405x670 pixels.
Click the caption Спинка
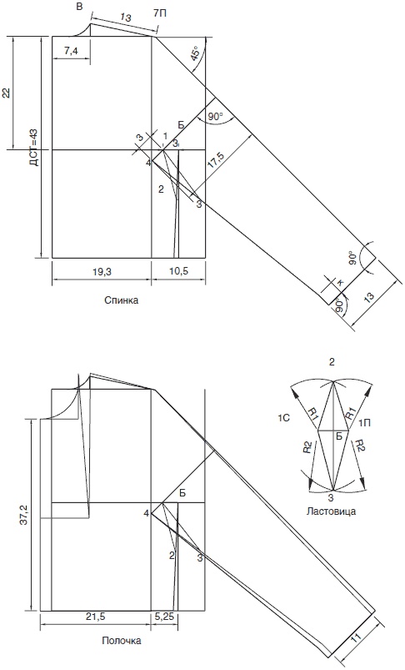pos(121,300)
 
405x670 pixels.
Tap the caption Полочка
pos(121,641)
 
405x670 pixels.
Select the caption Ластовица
pos(331,511)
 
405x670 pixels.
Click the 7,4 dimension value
pos(71,50)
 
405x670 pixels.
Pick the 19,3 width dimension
pos(101,271)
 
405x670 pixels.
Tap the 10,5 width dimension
pos(178,271)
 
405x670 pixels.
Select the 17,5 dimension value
pos(216,161)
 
